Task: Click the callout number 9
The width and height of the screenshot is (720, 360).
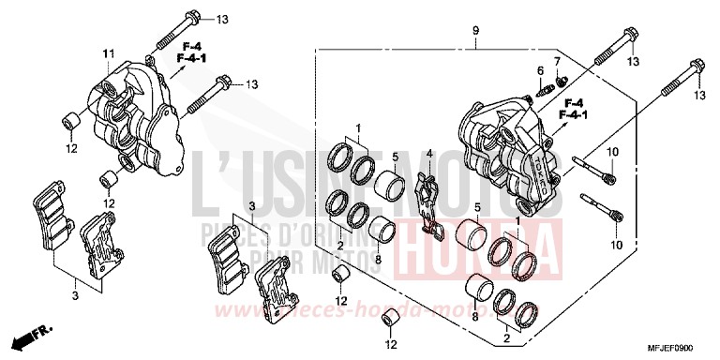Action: coord(475,31)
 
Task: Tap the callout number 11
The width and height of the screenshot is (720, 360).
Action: coord(108,52)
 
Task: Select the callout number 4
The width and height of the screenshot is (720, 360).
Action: coord(429,154)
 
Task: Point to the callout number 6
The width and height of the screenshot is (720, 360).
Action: coord(540,70)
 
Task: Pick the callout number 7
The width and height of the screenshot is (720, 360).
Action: coord(556,62)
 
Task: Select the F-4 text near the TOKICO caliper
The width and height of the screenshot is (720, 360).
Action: coord(573,102)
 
